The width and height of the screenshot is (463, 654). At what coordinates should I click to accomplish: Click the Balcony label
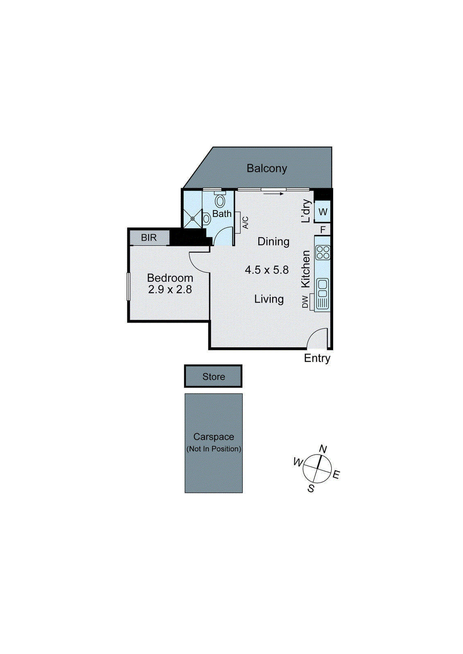[x=267, y=168]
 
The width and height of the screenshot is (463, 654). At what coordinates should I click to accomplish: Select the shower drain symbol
[x=192, y=219]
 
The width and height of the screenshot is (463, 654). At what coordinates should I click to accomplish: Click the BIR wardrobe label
[x=149, y=237]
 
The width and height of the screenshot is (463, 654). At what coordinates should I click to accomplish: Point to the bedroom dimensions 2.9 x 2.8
[x=170, y=289]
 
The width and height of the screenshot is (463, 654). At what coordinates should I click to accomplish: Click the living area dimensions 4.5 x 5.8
[x=267, y=270]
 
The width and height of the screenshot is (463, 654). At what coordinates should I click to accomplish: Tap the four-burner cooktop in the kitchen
[x=323, y=252]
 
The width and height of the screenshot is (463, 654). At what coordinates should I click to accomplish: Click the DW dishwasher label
[x=305, y=302]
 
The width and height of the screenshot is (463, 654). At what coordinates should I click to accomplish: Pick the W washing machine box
[x=323, y=212]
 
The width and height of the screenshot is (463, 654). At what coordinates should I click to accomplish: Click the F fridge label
[x=323, y=230]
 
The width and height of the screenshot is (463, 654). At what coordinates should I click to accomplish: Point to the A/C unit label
[x=245, y=223]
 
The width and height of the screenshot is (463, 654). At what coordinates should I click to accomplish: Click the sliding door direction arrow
[x=273, y=194]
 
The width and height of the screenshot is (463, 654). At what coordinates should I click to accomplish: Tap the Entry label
[x=317, y=358]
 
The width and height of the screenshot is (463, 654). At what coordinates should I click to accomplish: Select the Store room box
[x=213, y=376]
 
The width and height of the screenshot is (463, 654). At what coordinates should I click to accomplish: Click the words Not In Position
[x=214, y=449]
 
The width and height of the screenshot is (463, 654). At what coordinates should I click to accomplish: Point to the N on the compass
[x=323, y=449]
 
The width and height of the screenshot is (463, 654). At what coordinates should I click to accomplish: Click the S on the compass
[x=311, y=488]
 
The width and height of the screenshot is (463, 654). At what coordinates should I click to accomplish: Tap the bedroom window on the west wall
[x=129, y=286]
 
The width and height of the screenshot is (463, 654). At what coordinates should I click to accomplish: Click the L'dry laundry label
[x=305, y=211]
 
